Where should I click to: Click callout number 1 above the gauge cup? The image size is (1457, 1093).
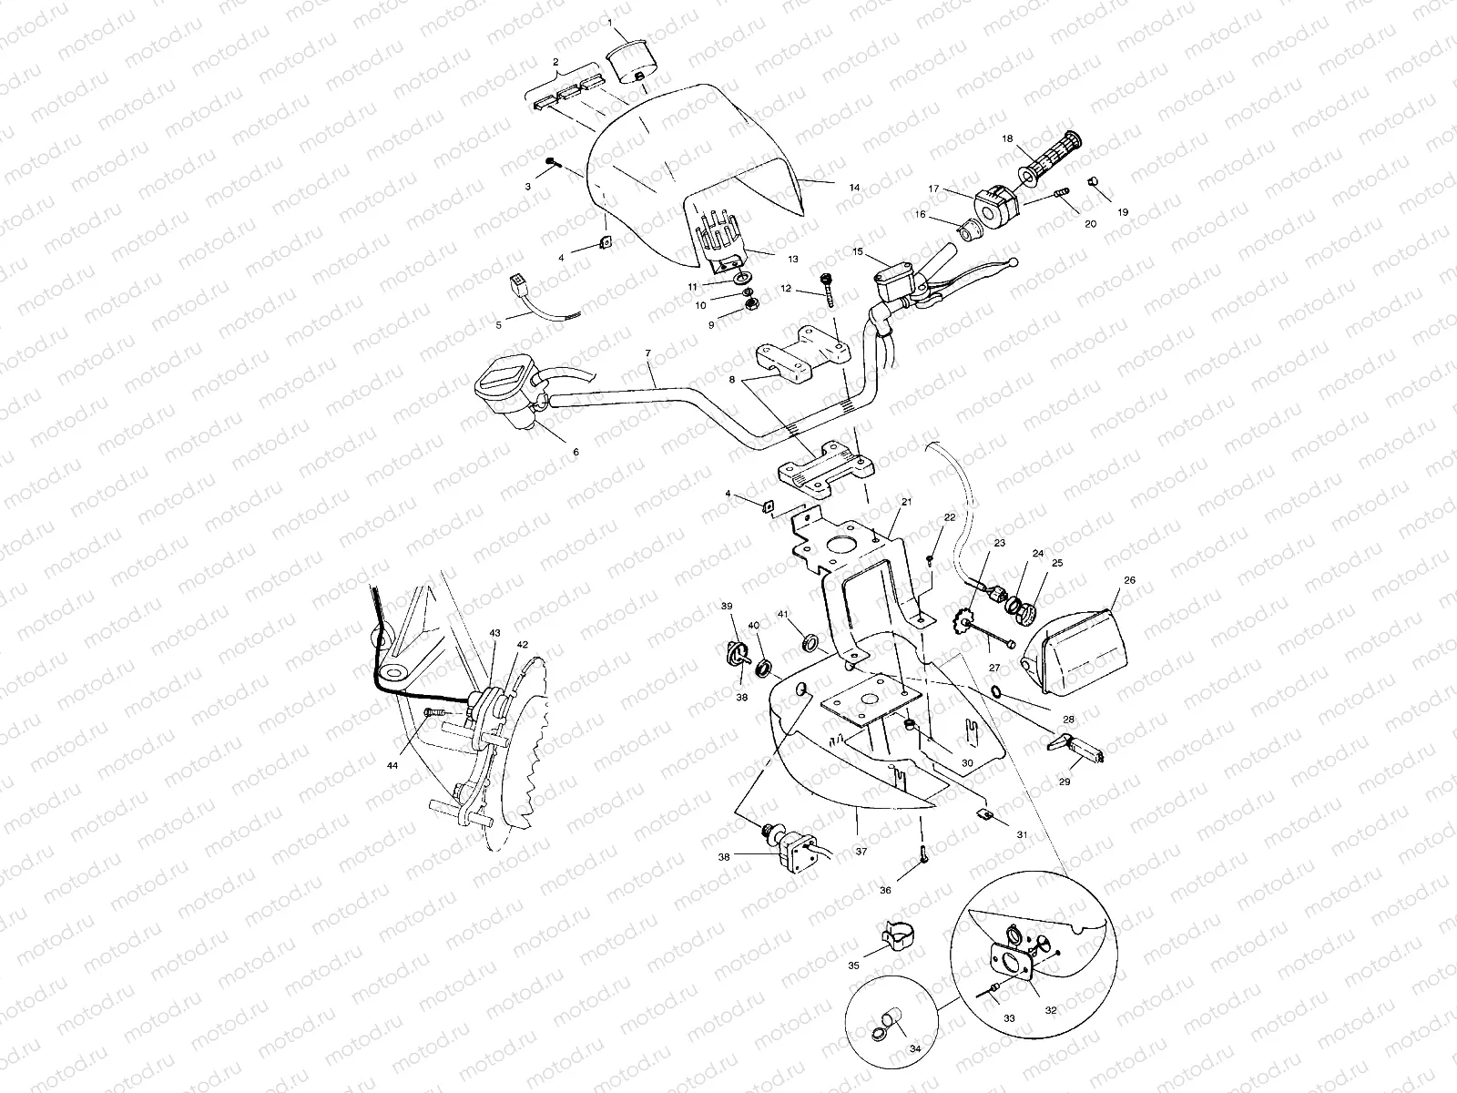[x=611, y=21]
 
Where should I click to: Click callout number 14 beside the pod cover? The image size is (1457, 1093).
[x=854, y=187]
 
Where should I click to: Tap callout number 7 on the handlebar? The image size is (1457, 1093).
[x=647, y=352]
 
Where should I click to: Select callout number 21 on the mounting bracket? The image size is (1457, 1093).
[x=906, y=502]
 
